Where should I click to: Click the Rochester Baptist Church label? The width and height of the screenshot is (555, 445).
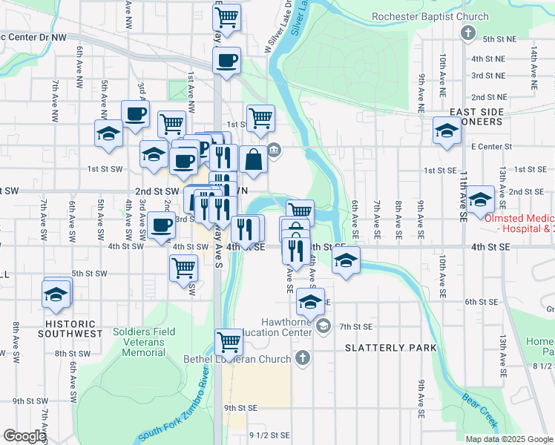pyautogui.click(x=430, y=16)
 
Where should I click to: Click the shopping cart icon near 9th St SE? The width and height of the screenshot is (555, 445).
pyautogui.click(x=229, y=341)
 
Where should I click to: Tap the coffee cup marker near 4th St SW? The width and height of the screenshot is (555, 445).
pyautogui.click(x=161, y=225)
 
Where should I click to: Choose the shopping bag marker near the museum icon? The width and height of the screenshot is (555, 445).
pyautogui.click(x=253, y=159)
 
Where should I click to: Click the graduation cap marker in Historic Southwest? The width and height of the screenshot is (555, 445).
pyautogui.click(x=57, y=292)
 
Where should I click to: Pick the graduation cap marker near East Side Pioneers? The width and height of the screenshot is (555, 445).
pyautogui.click(x=447, y=131)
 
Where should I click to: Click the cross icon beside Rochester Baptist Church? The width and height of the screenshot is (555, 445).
pyautogui.click(x=468, y=33)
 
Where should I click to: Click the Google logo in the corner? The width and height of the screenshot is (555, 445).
pyautogui.click(x=24, y=436)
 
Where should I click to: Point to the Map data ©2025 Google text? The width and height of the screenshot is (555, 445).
pyautogui.click(x=508, y=439)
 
